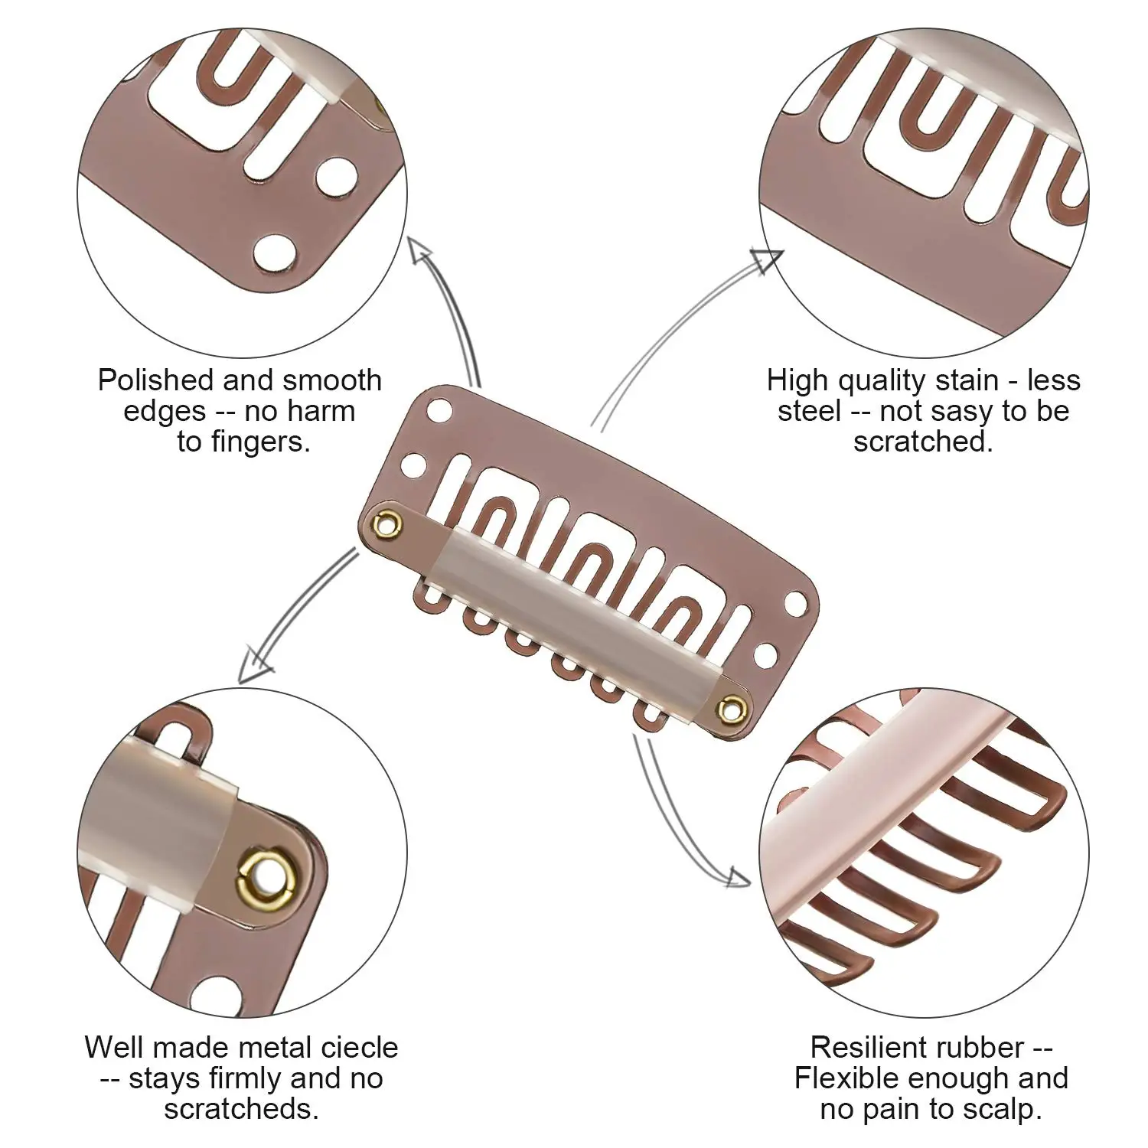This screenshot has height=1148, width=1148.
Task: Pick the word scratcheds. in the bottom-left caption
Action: point(241,1109)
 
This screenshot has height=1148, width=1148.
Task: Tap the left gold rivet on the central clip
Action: point(386,523)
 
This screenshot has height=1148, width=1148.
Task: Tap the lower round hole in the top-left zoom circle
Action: point(270,251)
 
